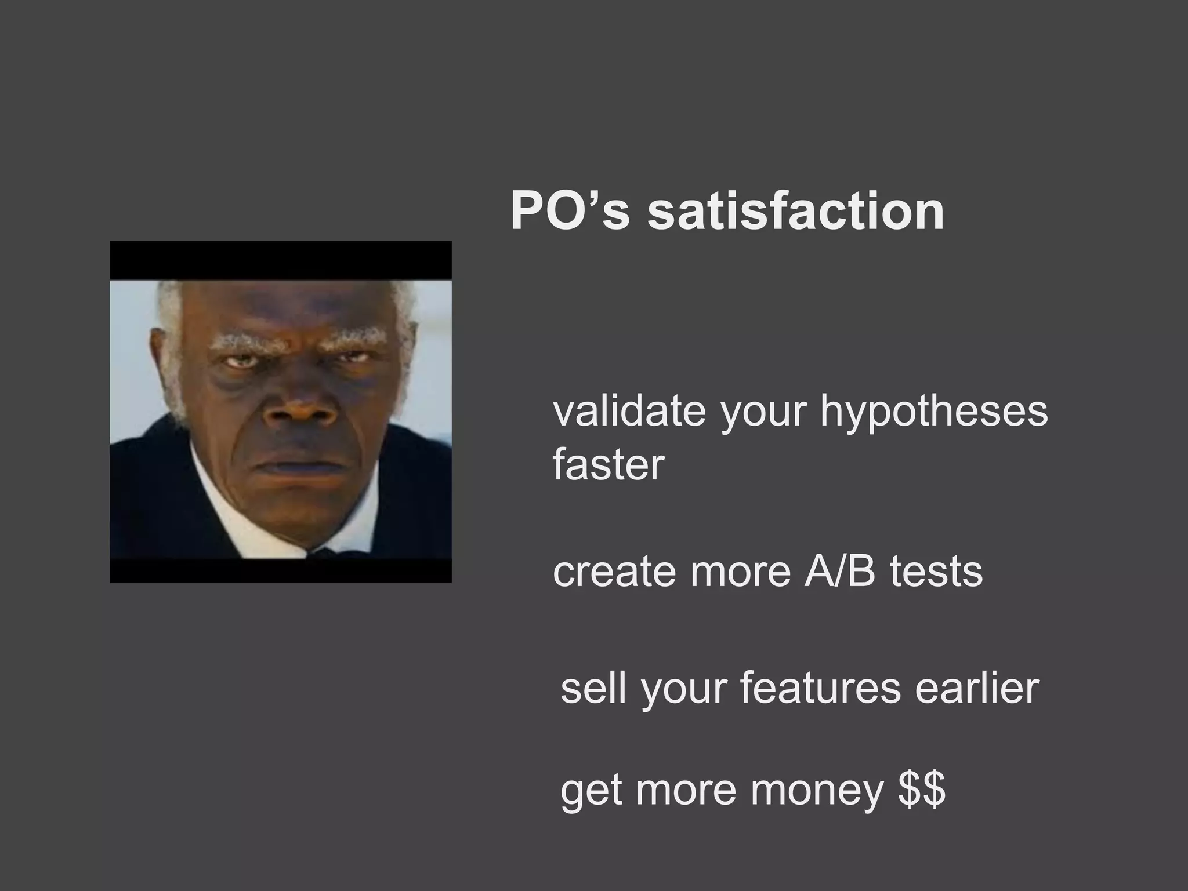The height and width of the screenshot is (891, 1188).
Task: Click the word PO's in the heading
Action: point(569,211)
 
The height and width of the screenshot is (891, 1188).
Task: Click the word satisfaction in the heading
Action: point(795,211)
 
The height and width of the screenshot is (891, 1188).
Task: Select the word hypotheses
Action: point(933,413)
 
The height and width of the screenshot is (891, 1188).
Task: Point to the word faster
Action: point(608,465)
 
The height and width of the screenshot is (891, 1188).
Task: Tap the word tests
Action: point(936,572)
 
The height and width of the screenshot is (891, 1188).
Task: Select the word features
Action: point(820,688)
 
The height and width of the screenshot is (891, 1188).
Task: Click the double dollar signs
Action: point(922,790)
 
